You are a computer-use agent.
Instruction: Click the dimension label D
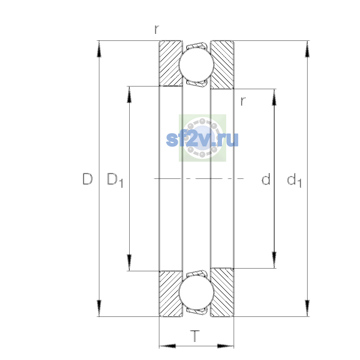pyautogui.click(x=87, y=179)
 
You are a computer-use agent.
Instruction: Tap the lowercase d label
pyautogui.click(x=266, y=179)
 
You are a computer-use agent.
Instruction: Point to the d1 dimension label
pyautogui.click(x=294, y=180)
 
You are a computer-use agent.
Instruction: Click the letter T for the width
pyautogui.click(x=195, y=336)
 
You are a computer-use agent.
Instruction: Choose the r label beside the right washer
pyautogui.click(x=243, y=101)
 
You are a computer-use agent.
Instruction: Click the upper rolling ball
pyautogui.click(x=196, y=64)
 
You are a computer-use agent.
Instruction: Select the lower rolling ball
pyautogui.click(x=196, y=293)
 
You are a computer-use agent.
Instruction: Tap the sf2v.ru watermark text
pyautogui.click(x=202, y=139)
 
